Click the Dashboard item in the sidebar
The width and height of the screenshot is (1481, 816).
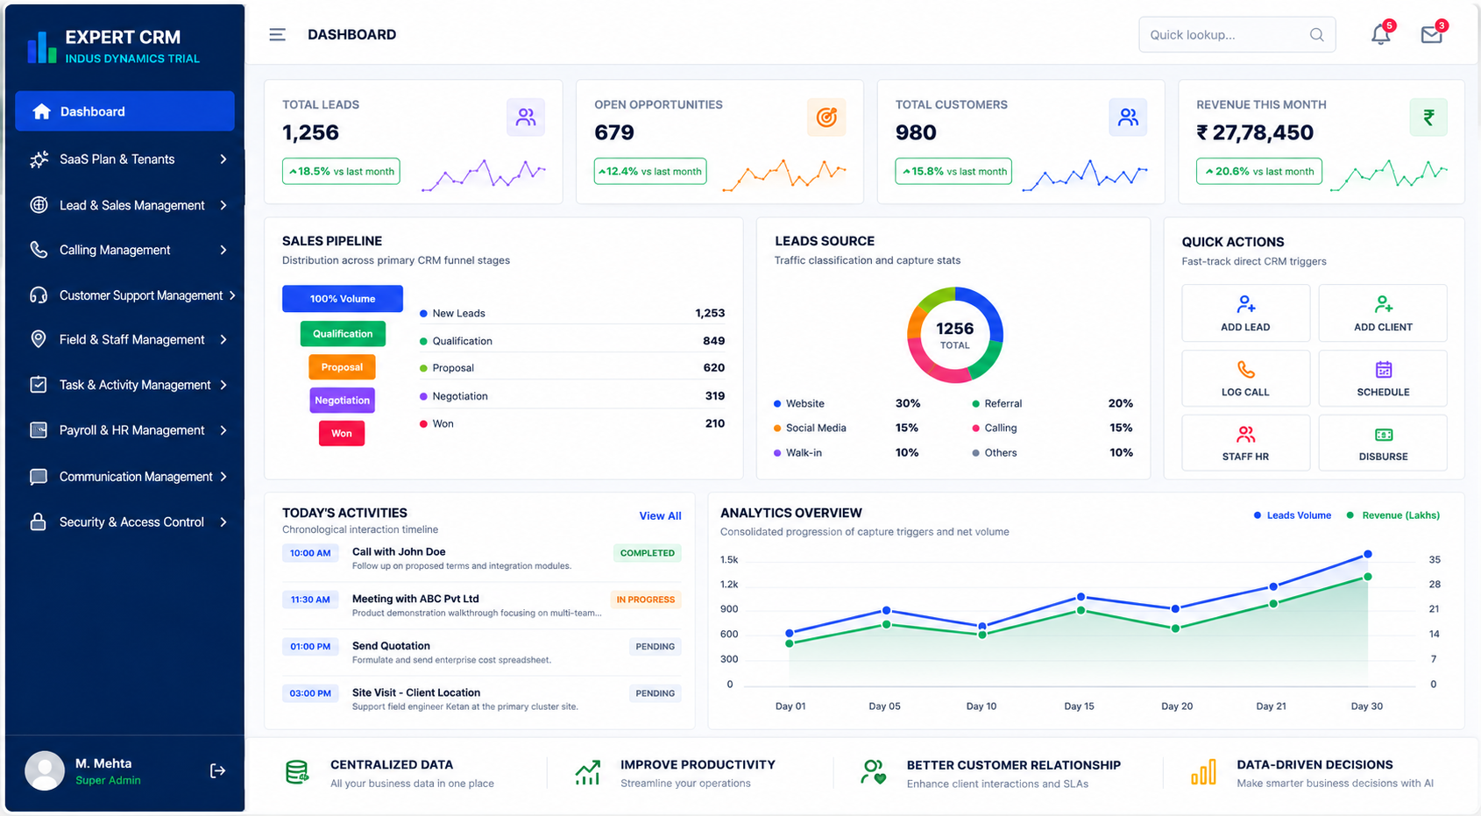click(124, 111)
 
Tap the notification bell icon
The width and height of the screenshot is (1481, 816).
click(1380, 34)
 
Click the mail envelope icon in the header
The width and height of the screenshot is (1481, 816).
click(1432, 34)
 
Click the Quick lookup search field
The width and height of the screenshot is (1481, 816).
click(1237, 34)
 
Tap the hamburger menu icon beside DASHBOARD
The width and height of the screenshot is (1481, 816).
click(277, 34)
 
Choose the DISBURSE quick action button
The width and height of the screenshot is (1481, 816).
click(1383, 443)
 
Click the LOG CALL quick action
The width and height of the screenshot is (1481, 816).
click(1245, 379)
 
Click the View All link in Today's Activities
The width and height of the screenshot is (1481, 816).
click(660, 515)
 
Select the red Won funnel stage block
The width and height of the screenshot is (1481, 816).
click(342, 433)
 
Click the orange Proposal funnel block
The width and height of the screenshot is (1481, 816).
click(342, 367)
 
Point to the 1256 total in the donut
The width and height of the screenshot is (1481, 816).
click(954, 329)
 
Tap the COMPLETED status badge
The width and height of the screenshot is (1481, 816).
click(648, 553)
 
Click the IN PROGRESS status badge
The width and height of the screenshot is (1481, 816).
click(646, 600)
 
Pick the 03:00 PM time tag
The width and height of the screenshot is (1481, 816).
click(310, 693)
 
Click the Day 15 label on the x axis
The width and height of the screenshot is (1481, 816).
click(1079, 706)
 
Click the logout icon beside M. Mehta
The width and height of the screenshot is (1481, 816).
click(217, 770)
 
